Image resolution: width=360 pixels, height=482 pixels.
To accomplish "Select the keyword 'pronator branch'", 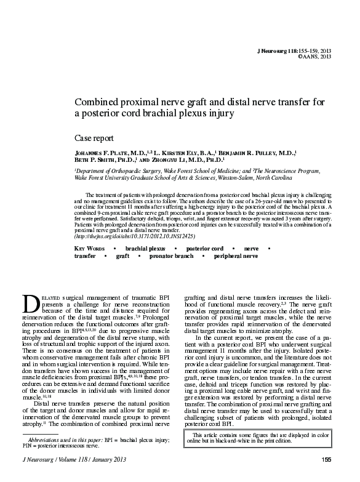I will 171,255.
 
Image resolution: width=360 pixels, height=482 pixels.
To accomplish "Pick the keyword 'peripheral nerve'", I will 235,255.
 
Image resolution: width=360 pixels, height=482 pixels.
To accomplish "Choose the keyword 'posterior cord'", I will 204,247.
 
